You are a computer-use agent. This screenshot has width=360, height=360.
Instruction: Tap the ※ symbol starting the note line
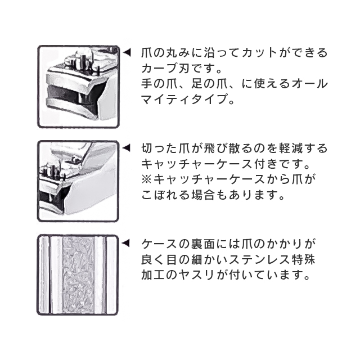point(146,181)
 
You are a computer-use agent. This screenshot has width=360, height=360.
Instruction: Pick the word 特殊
point(304,261)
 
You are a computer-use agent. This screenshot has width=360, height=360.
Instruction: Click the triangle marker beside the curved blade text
point(127,53)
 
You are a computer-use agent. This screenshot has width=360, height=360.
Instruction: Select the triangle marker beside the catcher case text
point(127,149)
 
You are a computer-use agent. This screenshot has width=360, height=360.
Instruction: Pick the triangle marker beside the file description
point(127,244)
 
